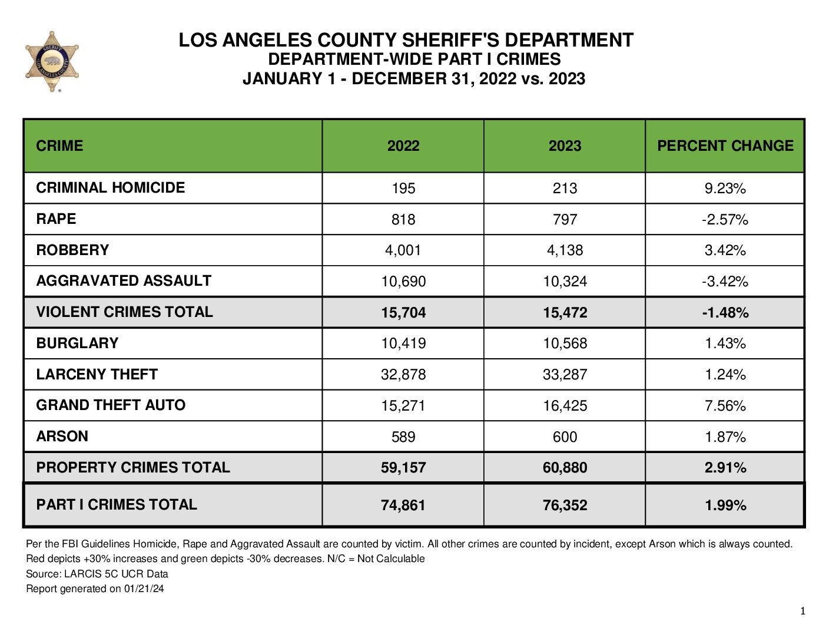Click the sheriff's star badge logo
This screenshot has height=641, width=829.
coord(52,61)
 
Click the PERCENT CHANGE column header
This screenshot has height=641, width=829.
coord(725,146)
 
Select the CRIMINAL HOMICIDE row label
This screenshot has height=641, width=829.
coord(111,187)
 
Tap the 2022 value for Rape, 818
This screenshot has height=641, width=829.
coord(403,219)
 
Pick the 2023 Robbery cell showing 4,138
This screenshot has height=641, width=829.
coord(565,250)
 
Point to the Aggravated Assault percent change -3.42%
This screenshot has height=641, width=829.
coord(725,281)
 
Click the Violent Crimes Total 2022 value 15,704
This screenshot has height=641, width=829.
coord(403,312)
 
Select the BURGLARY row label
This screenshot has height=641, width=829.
coord(77,343)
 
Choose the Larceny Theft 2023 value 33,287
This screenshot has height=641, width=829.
coord(565,374)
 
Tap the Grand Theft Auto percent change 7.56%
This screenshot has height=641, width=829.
coord(725,405)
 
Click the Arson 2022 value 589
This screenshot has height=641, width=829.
coord(403,437)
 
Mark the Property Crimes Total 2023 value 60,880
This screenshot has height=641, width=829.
coord(565,468)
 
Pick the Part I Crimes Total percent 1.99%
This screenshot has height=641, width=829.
coord(725,505)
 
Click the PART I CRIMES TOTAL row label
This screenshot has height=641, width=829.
coord(117,504)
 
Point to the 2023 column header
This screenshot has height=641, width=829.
coord(565,146)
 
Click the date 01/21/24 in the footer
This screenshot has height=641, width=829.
coord(144,589)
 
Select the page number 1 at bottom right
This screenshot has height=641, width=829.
coord(803,611)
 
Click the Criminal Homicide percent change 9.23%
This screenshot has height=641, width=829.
coord(725,188)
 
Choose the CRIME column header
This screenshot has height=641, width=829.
coord(59,146)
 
